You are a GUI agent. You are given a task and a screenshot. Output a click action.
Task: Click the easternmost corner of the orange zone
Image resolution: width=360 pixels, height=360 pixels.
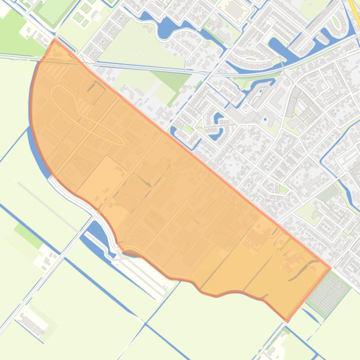330,268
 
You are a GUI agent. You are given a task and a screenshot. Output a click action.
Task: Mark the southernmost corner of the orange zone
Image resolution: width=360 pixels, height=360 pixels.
287,320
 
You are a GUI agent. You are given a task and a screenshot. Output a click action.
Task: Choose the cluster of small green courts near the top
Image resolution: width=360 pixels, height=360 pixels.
84,14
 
